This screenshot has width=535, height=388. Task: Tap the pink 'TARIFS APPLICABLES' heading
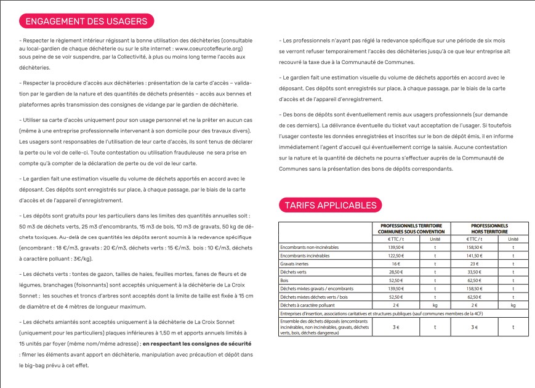(330, 205)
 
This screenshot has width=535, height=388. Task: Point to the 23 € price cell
(473, 263)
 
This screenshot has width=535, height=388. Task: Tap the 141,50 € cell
(473, 255)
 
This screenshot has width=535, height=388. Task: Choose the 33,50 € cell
(473, 272)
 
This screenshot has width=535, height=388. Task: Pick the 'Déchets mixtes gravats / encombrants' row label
(317, 288)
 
